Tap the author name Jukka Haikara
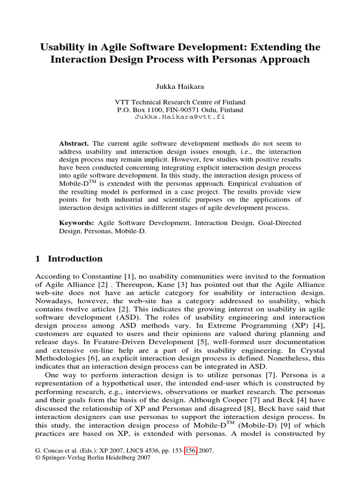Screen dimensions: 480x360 [x=180, y=86]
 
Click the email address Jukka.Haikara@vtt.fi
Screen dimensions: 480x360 [x=180, y=117]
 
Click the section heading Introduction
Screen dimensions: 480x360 [x=75, y=259]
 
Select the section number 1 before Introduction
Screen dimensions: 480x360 [x=38, y=259]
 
